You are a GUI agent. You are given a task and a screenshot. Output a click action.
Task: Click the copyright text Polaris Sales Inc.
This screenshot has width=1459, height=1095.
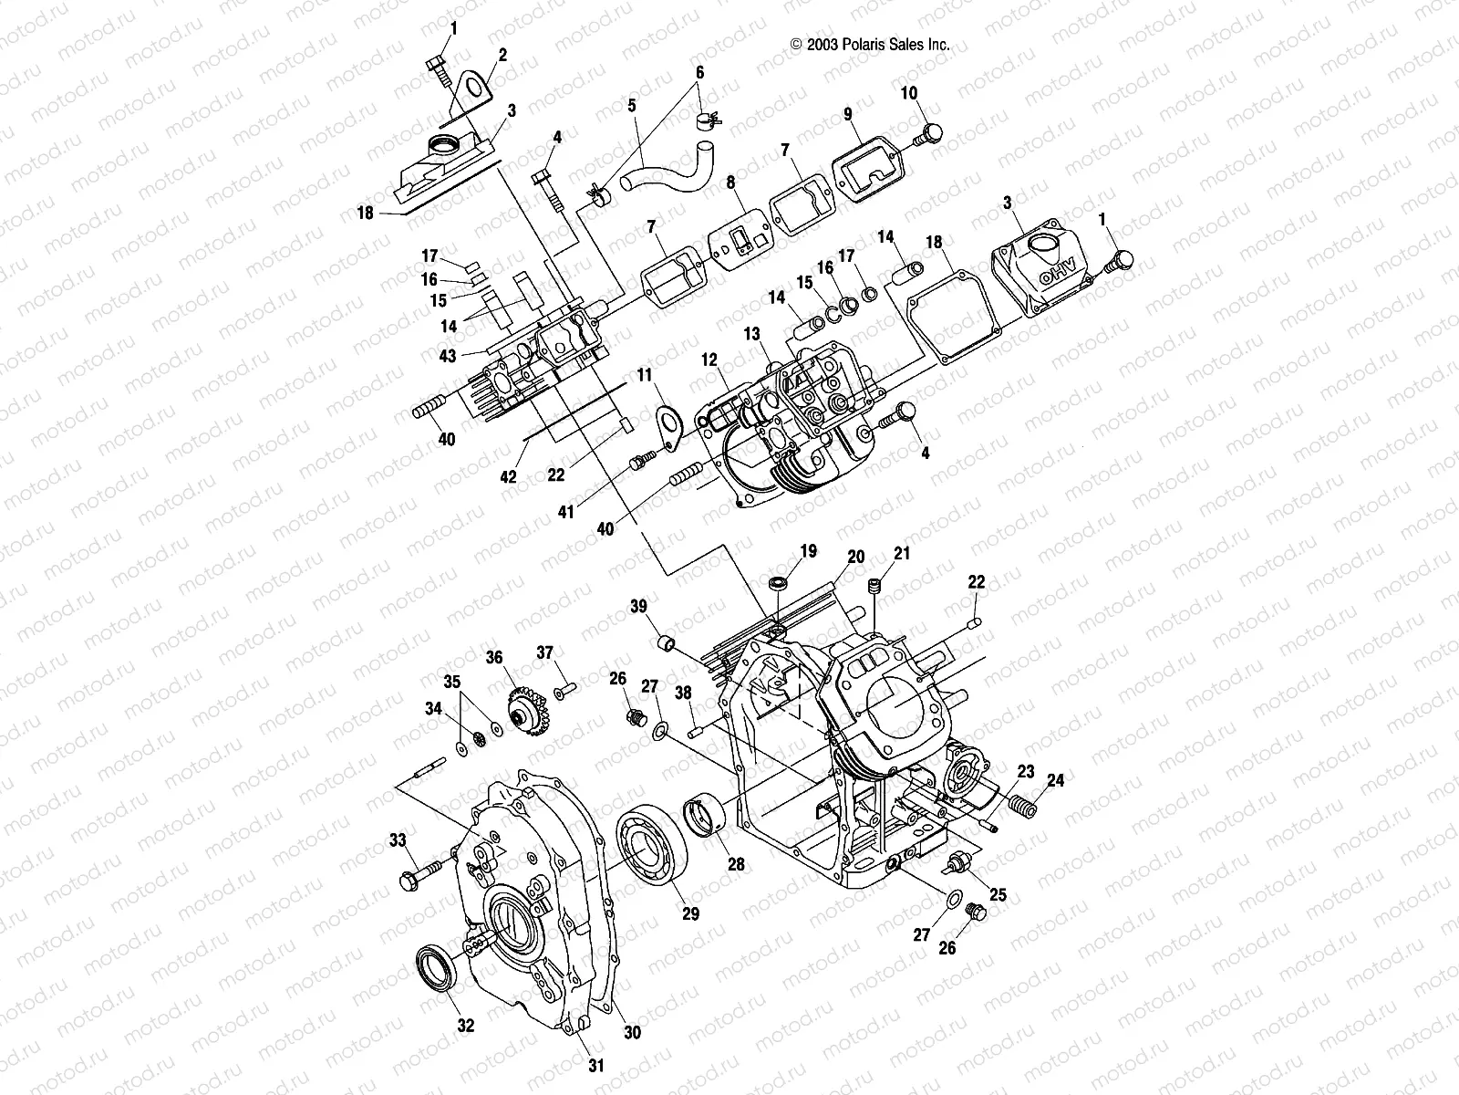click(x=870, y=43)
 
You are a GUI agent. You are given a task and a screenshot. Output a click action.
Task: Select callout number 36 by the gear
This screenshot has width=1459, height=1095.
click(x=493, y=656)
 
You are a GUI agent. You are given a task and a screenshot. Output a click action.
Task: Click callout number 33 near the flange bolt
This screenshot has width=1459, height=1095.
click(x=397, y=839)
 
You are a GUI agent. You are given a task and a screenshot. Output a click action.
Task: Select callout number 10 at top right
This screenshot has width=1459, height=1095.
click(x=909, y=93)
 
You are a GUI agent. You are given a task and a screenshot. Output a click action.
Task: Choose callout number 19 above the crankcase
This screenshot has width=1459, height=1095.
click(x=809, y=551)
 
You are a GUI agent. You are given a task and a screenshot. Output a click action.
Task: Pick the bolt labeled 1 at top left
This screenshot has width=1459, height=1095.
click(x=436, y=68)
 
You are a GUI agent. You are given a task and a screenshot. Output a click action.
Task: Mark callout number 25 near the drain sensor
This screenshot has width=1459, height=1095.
click(x=999, y=895)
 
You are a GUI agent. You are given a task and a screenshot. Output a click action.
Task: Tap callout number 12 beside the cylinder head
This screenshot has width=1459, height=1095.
click(x=709, y=360)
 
